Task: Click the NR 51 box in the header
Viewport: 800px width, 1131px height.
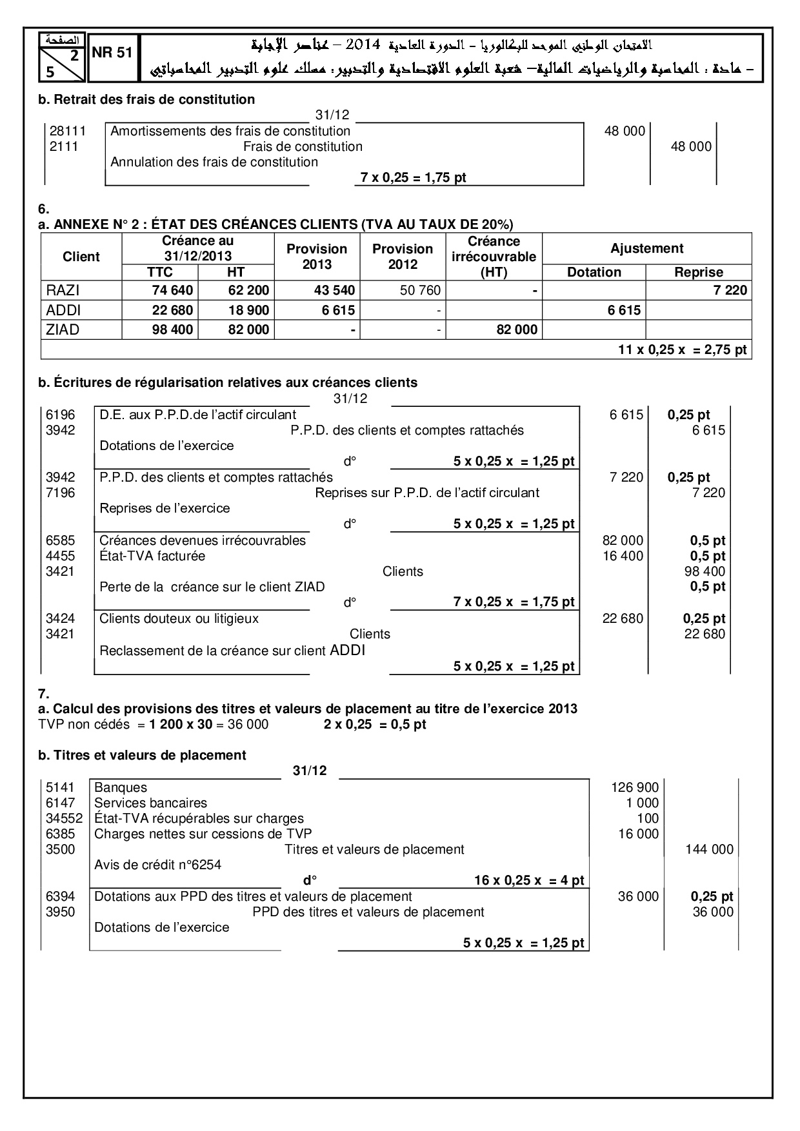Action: pos(112,53)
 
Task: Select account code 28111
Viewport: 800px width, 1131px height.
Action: pos(64,131)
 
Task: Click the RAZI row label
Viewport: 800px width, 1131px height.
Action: pos(63,291)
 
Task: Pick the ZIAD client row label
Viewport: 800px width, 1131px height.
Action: pos(63,330)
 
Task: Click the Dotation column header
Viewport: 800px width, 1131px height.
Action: pos(594,272)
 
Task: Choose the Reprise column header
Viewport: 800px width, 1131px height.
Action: pos(698,272)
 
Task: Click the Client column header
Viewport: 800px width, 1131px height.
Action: pos(81,257)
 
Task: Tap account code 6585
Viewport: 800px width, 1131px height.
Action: pos(61,540)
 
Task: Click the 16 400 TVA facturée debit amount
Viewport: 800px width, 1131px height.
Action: pos(623,556)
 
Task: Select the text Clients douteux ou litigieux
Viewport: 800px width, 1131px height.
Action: pos(179,618)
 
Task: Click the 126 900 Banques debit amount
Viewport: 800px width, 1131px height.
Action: pos(635,787)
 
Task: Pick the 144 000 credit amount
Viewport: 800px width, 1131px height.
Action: pos(709,849)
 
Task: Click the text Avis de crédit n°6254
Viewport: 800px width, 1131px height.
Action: pos(157,865)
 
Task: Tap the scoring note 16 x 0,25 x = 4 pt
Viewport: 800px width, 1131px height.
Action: pos(529,880)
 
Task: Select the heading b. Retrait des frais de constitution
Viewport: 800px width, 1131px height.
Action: pos(146,99)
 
